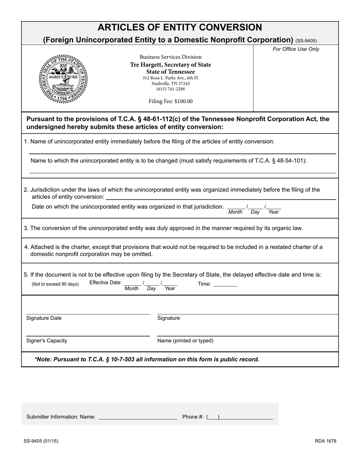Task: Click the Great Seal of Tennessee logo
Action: click(63, 79)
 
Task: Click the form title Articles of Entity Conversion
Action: click(180, 28)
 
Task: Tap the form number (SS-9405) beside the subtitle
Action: click(306, 41)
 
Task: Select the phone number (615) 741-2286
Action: click(171, 89)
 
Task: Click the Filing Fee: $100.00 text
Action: click(171, 101)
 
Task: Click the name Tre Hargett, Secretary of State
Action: click(171, 65)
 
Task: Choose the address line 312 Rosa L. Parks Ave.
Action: click(171, 78)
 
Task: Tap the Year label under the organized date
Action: click(273, 212)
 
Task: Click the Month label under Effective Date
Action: click(131, 289)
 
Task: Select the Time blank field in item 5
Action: click(225, 285)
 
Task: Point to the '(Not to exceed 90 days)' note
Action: click(55, 284)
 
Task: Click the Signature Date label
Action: click(44, 318)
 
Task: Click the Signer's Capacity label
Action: click(47, 341)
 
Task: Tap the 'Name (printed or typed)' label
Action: click(185, 341)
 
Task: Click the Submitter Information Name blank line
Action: click(138, 418)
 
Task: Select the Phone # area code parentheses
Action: click(213, 417)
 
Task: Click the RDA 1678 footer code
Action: click(325, 441)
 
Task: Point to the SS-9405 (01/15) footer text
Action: click(41, 441)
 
